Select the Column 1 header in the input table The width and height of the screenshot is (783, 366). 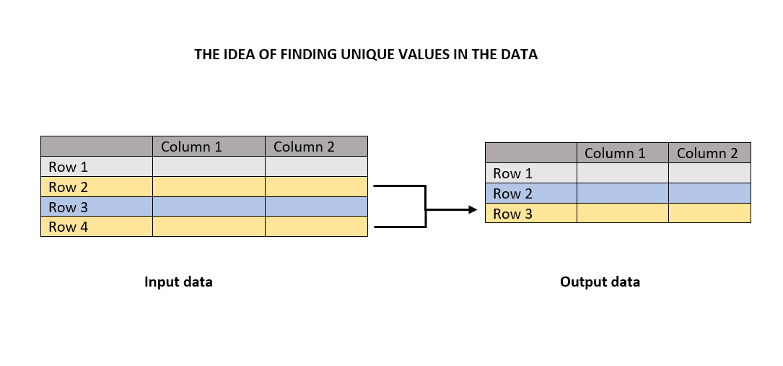(191, 147)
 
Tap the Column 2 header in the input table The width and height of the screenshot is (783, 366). (304, 147)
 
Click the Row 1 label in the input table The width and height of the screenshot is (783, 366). (68, 167)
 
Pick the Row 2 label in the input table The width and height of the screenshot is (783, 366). (68, 187)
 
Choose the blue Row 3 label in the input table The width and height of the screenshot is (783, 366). (68, 207)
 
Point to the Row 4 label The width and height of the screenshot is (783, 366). (68, 227)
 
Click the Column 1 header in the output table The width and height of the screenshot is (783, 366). (615, 153)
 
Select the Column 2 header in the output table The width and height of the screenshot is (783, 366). (707, 153)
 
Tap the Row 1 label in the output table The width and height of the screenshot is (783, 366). (512, 173)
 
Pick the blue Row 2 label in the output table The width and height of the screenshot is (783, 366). (512, 193)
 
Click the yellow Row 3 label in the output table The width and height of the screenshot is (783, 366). (512, 214)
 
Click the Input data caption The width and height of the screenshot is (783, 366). (178, 282)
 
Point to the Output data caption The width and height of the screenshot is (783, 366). (600, 282)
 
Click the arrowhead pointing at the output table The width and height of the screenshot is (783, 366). (473, 209)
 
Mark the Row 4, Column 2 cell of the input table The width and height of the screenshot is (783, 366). (316, 227)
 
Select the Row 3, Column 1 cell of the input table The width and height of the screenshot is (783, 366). (209, 207)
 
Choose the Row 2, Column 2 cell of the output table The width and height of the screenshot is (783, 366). (709, 193)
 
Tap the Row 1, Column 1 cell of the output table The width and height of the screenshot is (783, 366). (622, 173)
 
